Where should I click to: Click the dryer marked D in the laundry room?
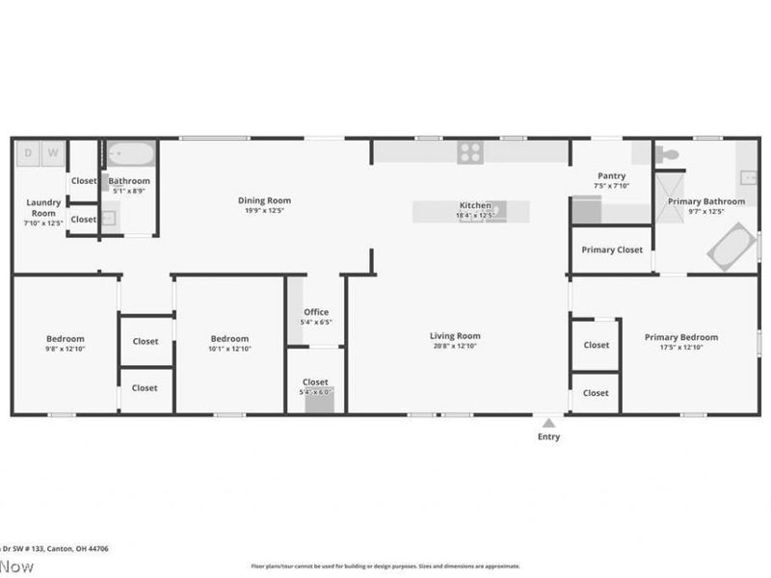point(28,152)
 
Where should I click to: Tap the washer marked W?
point(52,152)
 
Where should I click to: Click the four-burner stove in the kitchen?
point(470,151)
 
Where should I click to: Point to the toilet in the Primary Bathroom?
point(669,153)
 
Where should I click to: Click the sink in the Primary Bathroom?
point(749,178)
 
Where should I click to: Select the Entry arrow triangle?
point(548,422)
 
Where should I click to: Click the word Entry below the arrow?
point(548,436)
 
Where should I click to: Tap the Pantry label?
point(612,176)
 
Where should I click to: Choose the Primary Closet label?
point(612,250)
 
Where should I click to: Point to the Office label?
point(316,312)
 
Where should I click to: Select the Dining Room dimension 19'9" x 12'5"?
point(264,210)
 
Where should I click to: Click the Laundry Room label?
point(43,207)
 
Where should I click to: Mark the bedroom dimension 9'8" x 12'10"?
point(66,348)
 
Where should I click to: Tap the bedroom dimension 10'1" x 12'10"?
point(230,348)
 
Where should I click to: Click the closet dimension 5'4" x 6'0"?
point(315,392)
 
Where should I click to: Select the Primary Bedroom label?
point(681,337)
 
